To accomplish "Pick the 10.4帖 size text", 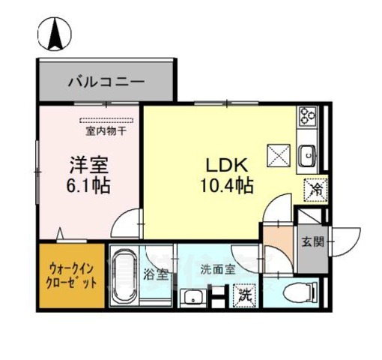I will click(x=225, y=184).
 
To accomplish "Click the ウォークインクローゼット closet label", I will click(x=72, y=276).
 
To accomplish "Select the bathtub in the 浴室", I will click(x=123, y=277).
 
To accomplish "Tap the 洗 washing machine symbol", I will click(x=245, y=295).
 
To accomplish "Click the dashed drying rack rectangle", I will click(x=106, y=121).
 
